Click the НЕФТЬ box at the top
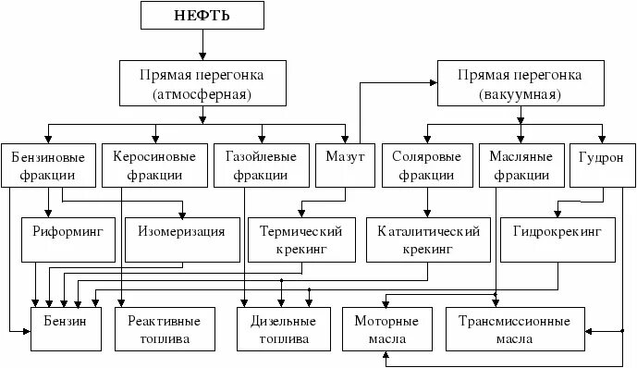click(x=202, y=15)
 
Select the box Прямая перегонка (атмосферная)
click(x=202, y=83)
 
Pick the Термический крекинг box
click(x=301, y=239)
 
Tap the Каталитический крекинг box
click(x=426, y=239)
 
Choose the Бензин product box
click(x=65, y=329)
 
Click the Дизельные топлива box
click(x=276, y=329)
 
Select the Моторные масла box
click(x=386, y=329)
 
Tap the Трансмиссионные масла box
click(x=514, y=329)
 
